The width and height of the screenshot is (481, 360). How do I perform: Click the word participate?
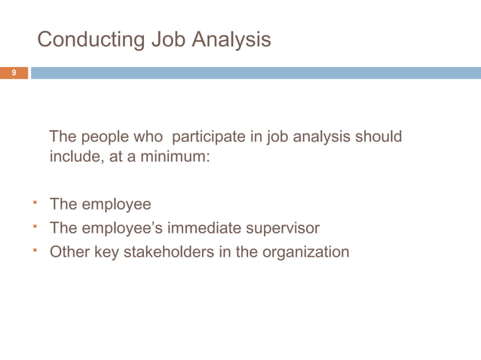click(208, 138)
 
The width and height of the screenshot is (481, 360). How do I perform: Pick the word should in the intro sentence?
click(377, 137)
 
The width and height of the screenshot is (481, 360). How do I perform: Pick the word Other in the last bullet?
click(69, 252)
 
